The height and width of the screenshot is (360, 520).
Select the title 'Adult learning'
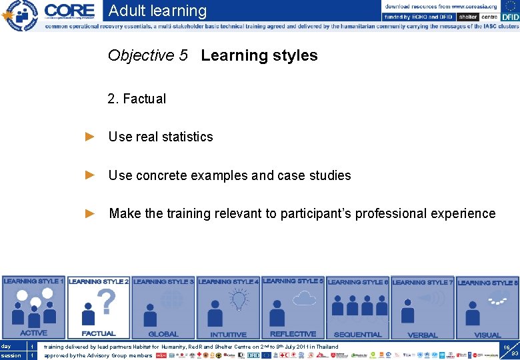[x=157, y=11]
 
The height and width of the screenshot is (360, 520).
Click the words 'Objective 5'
[x=147, y=55]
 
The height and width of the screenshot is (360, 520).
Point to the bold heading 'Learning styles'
[x=259, y=55]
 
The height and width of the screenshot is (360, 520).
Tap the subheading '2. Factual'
[x=137, y=99]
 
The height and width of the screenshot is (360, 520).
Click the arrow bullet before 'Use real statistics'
[x=90, y=137]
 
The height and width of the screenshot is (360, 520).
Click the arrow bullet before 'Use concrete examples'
[x=90, y=175]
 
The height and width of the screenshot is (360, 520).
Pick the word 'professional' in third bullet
[x=391, y=213]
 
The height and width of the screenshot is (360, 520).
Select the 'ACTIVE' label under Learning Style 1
[x=33, y=333]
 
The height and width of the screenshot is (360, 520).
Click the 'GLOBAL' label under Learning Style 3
[x=163, y=334]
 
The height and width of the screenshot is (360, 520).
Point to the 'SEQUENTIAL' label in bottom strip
[x=357, y=334]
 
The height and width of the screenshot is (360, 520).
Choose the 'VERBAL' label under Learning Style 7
[x=422, y=335]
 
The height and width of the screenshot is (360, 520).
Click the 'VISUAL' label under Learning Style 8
[x=487, y=335]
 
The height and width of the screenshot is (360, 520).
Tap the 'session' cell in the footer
[x=11, y=355]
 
